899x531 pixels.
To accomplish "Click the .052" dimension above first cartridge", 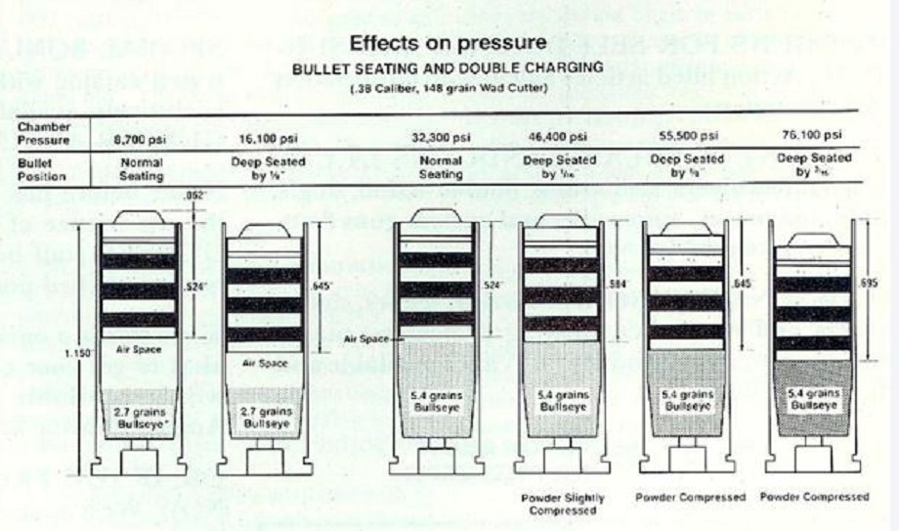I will coord(196,195).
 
